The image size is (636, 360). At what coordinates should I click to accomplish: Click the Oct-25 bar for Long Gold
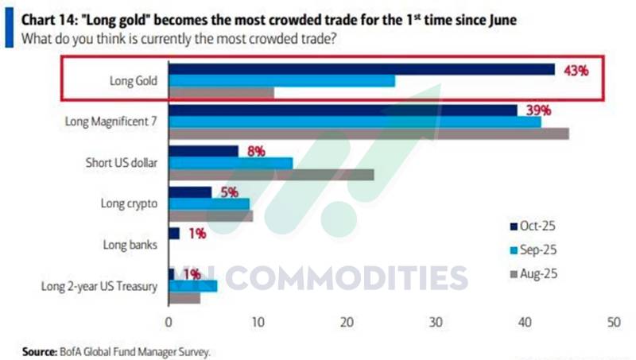(x=362, y=69)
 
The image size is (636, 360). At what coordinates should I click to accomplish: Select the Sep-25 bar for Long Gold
(x=282, y=81)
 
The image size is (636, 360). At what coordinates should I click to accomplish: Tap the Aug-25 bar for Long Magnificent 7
(x=369, y=134)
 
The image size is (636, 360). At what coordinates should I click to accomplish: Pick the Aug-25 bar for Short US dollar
(x=271, y=175)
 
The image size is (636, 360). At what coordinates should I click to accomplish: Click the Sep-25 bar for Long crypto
(x=209, y=204)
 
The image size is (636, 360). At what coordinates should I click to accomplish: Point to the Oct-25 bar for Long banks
(x=174, y=234)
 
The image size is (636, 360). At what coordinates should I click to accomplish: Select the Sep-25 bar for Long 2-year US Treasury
(x=193, y=286)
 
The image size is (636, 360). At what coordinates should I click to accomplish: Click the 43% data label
(x=576, y=71)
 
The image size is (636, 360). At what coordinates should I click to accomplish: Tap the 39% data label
(x=539, y=110)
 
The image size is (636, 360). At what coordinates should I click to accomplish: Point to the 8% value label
(x=256, y=152)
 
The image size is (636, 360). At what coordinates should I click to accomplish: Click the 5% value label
(x=230, y=192)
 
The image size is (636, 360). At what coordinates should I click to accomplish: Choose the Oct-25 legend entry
(x=533, y=226)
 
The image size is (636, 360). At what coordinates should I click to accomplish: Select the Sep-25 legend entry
(x=533, y=250)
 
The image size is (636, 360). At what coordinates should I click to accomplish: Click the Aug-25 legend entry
(x=533, y=274)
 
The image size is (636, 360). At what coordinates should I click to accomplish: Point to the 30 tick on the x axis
(x=436, y=323)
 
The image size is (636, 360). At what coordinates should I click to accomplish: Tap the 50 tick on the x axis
(x=614, y=323)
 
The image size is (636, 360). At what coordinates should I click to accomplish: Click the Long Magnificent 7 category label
(x=111, y=122)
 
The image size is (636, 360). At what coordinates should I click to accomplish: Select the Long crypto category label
(x=129, y=203)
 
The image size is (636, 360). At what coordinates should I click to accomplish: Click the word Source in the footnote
(x=39, y=351)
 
